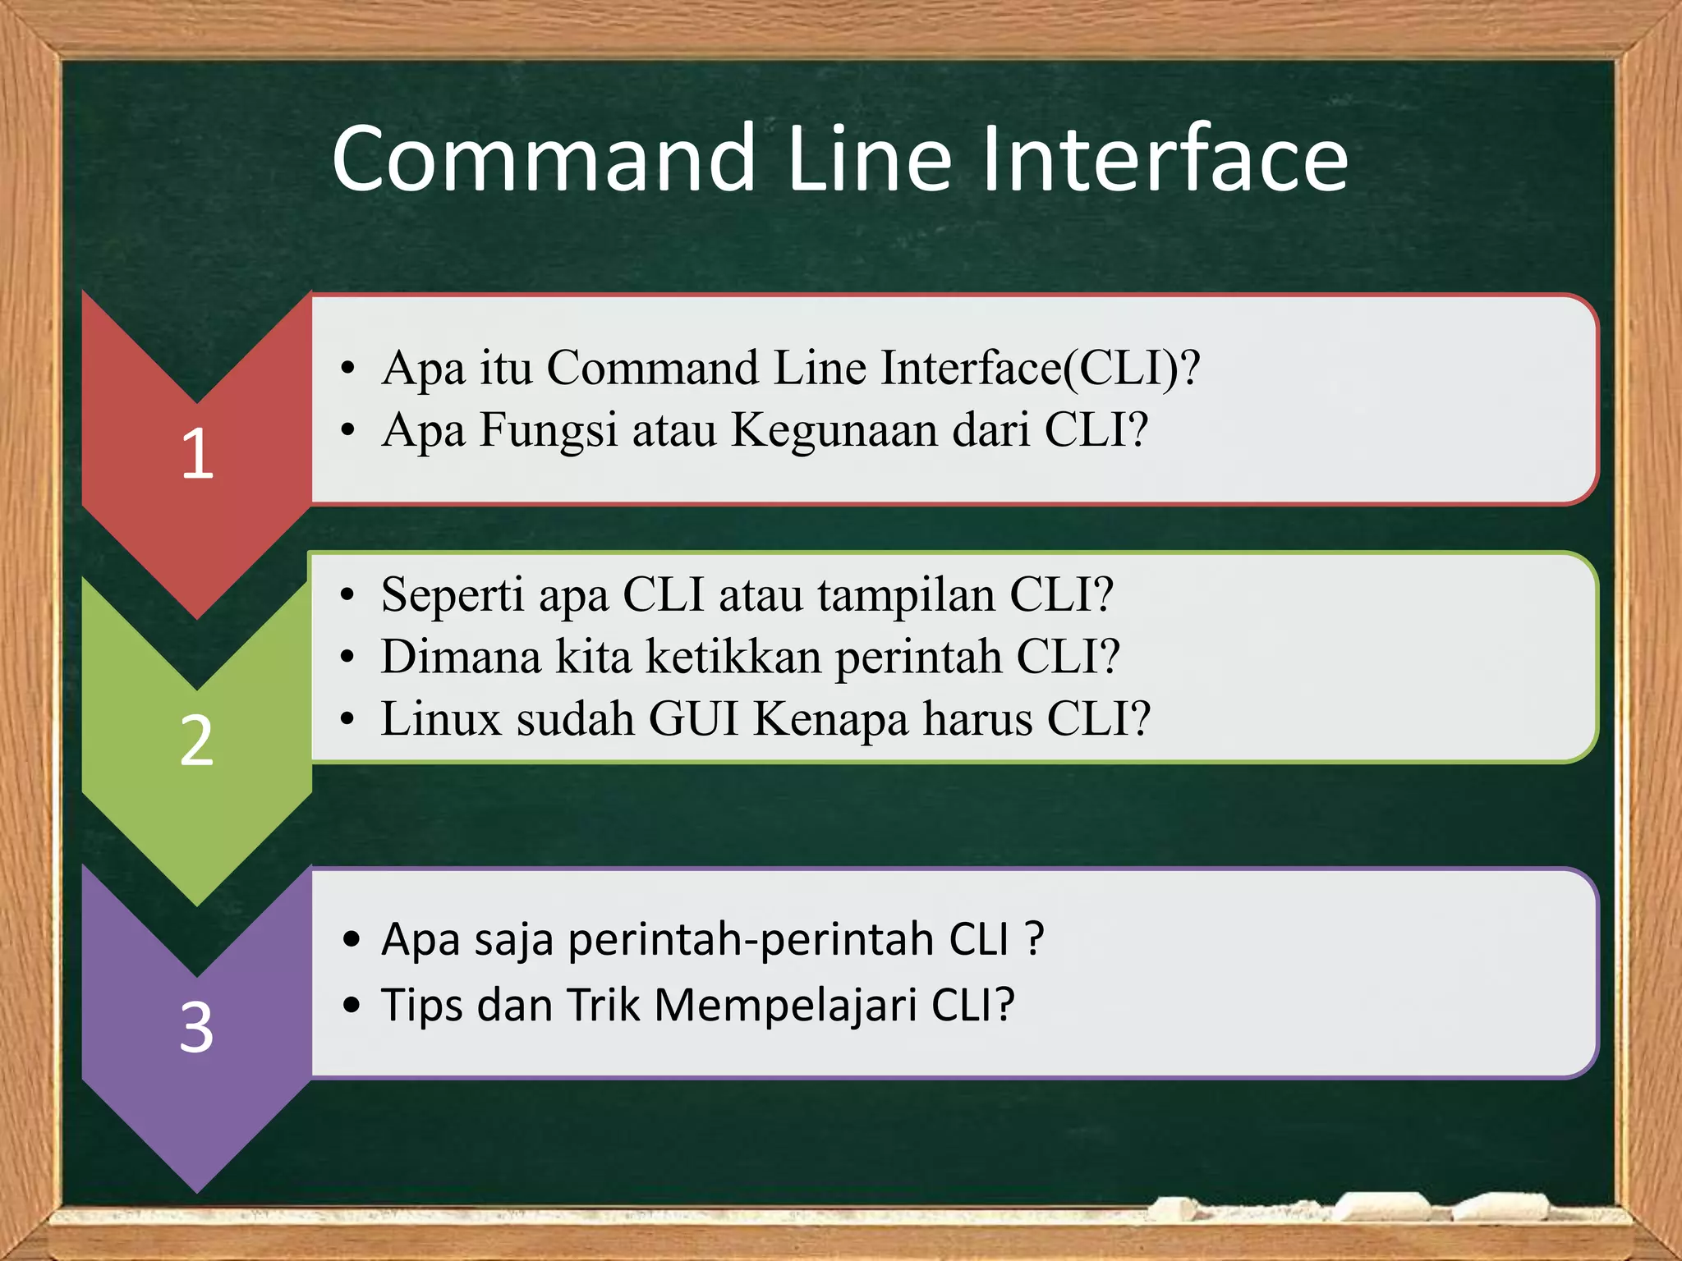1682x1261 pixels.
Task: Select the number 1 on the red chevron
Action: tap(197, 453)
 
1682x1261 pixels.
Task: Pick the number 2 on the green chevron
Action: tap(197, 741)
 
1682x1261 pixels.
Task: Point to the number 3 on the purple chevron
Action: tap(197, 1027)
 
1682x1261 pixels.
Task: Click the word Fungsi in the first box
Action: tap(548, 430)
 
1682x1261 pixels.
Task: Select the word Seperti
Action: tap(452, 594)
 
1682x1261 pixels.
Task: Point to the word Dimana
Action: tap(461, 657)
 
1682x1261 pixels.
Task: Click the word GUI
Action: tap(694, 719)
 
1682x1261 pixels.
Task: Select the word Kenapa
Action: tap(830, 721)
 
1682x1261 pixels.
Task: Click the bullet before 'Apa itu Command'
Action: tap(349, 369)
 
